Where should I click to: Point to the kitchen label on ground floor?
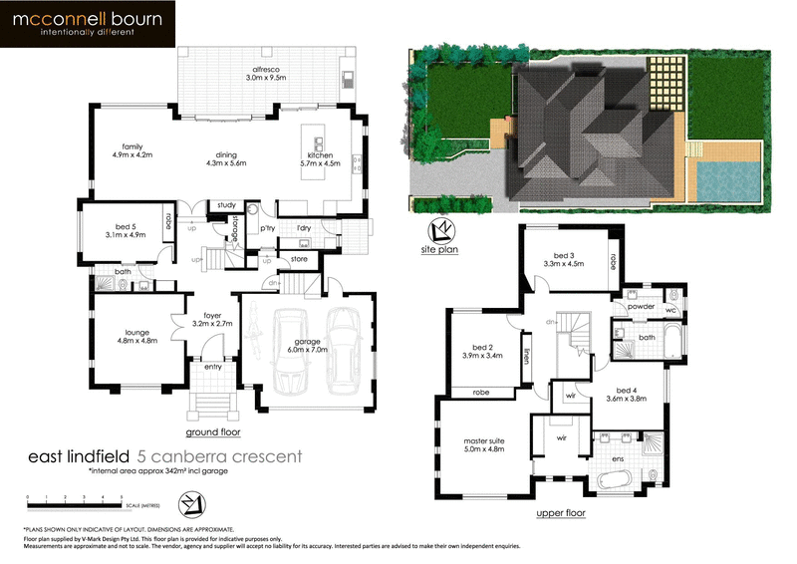(320, 157)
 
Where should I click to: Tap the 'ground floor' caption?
(213, 433)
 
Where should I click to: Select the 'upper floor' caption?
(562, 513)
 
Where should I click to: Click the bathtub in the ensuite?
(618, 481)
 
